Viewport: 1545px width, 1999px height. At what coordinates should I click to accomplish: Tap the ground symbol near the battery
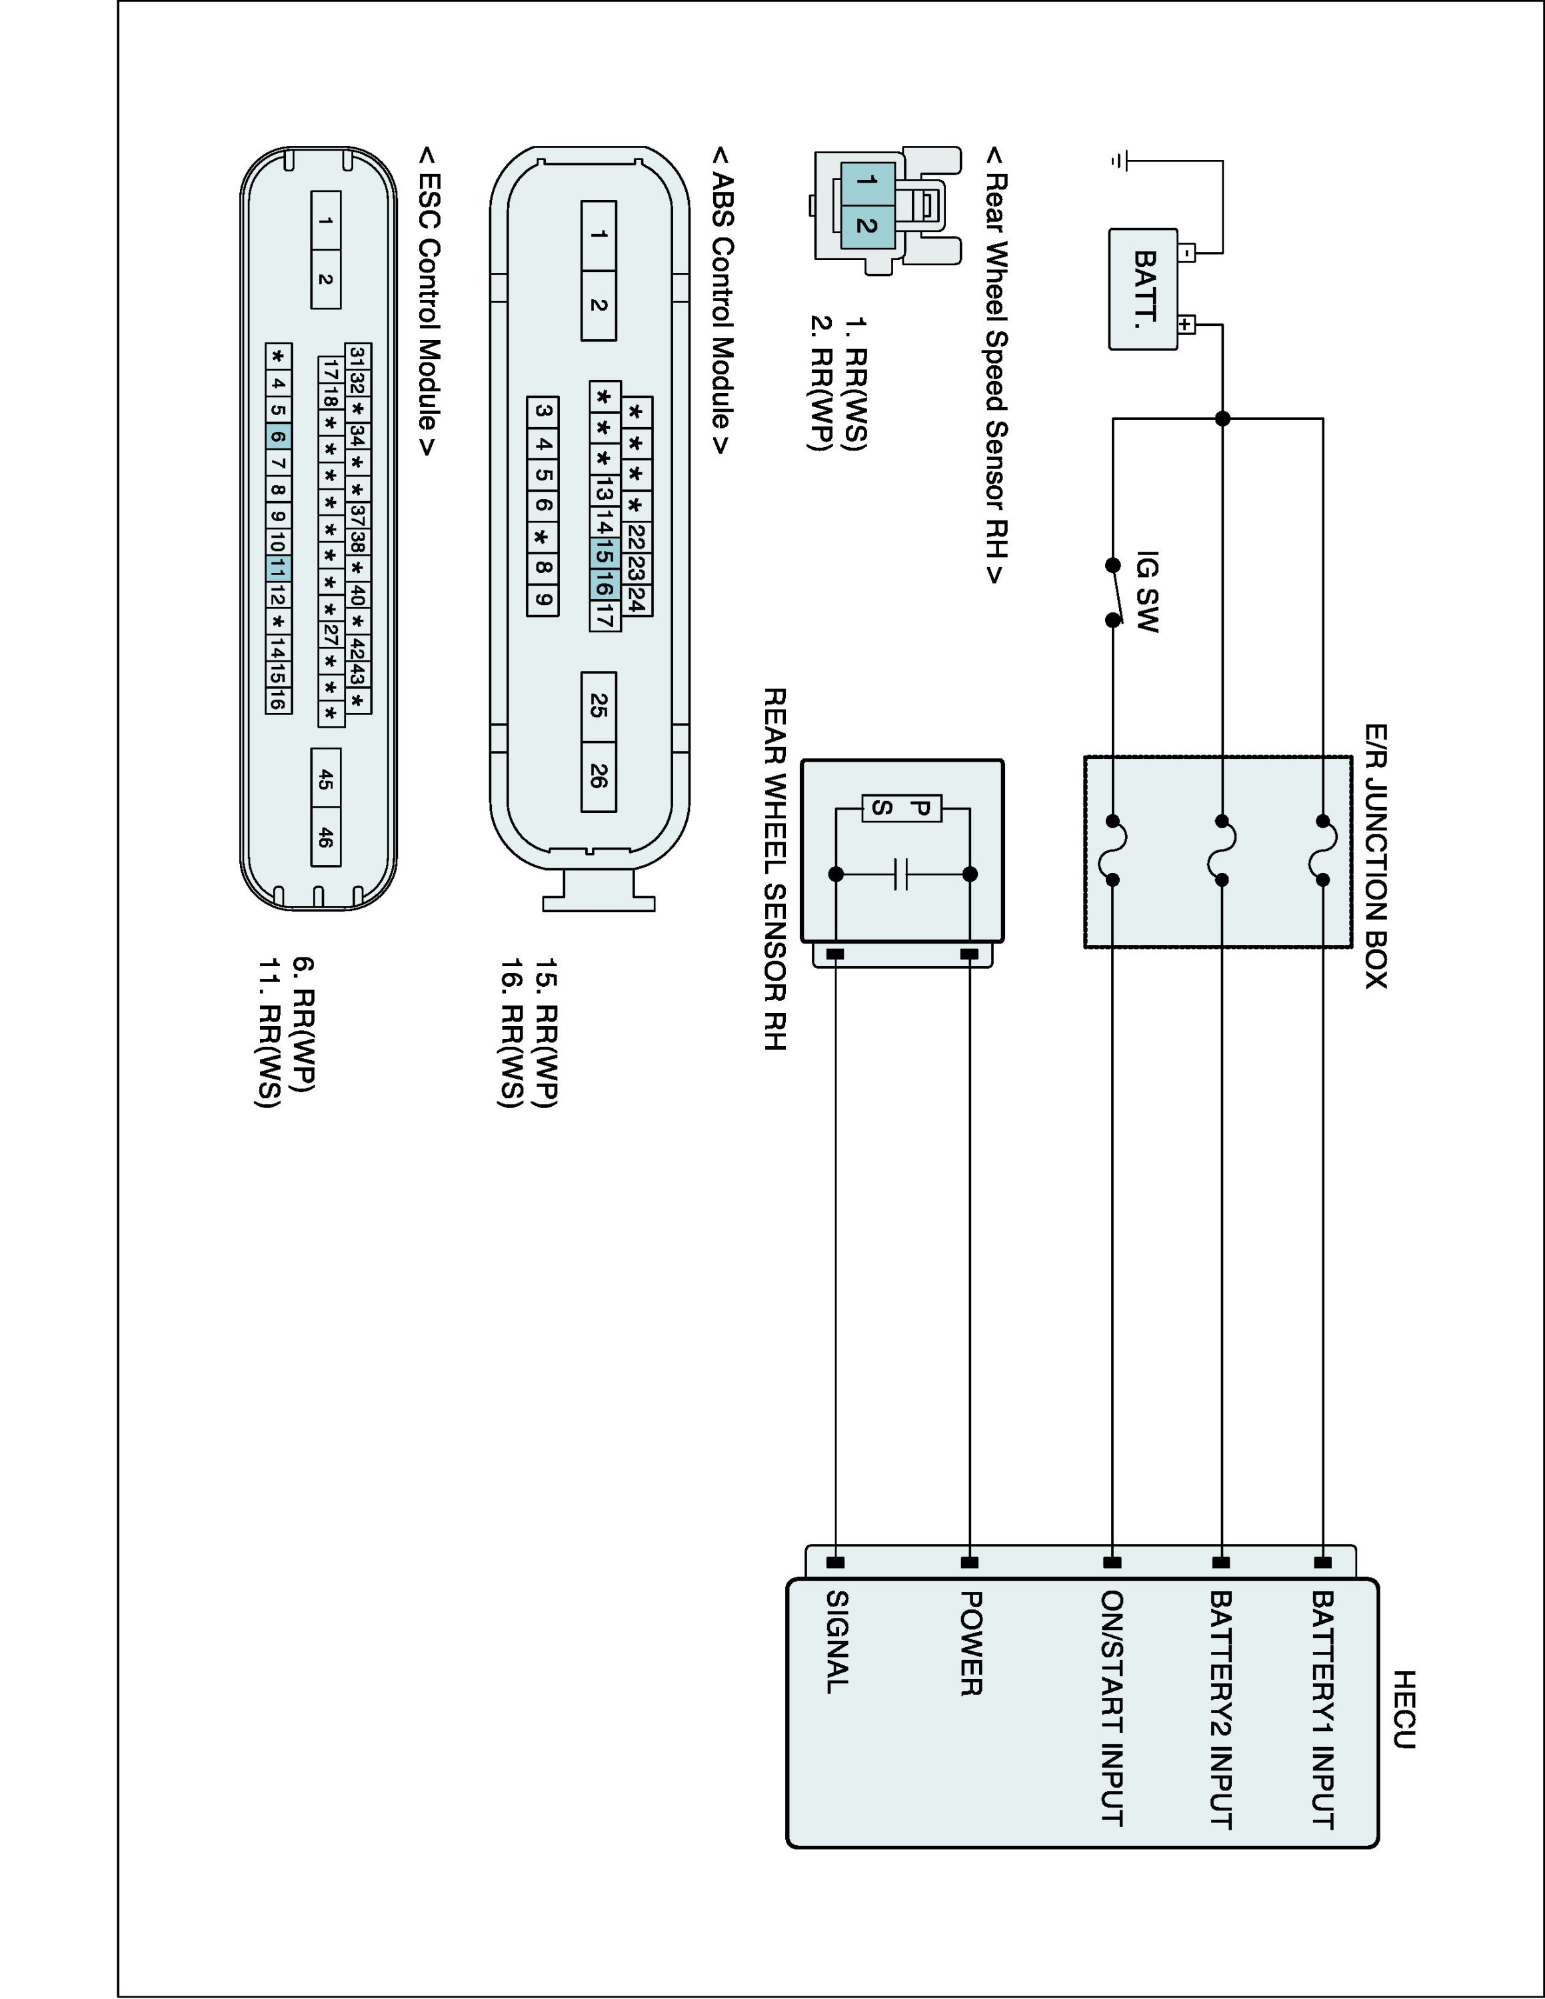(x=1118, y=161)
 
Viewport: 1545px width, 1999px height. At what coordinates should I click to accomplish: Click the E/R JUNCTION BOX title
(x=1375, y=856)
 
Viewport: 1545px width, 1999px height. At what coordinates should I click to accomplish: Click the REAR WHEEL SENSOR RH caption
(x=774, y=869)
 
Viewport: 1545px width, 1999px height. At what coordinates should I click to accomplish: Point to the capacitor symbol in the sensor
(x=902, y=874)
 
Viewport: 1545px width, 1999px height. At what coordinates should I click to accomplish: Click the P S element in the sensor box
(x=902, y=808)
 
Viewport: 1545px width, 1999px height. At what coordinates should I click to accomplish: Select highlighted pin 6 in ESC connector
(x=278, y=436)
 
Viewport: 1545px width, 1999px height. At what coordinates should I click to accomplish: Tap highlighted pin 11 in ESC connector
(x=278, y=568)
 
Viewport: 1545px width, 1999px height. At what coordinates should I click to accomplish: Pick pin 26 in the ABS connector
(x=599, y=776)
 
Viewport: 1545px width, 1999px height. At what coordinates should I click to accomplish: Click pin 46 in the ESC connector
(x=326, y=836)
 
